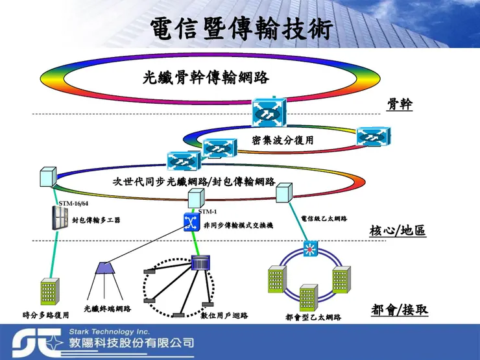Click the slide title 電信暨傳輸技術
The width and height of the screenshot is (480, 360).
coord(241,29)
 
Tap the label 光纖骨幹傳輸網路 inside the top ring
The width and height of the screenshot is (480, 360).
coord(206,78)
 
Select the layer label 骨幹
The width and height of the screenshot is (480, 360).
coord(400,104)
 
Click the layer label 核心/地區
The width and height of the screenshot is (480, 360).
coord(398,230)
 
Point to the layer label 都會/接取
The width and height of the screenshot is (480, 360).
coord(400,310)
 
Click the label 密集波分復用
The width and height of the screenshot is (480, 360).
coord(283,140)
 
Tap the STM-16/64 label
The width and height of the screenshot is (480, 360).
coord(73,204)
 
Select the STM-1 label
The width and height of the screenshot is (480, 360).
coord(208,212)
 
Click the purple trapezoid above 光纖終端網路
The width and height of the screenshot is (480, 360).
coord(106,268)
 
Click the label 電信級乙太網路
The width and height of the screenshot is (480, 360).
coord(324,219)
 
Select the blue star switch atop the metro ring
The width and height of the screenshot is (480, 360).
coord(311,249)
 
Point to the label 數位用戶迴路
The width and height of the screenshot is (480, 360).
coord(224,316)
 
